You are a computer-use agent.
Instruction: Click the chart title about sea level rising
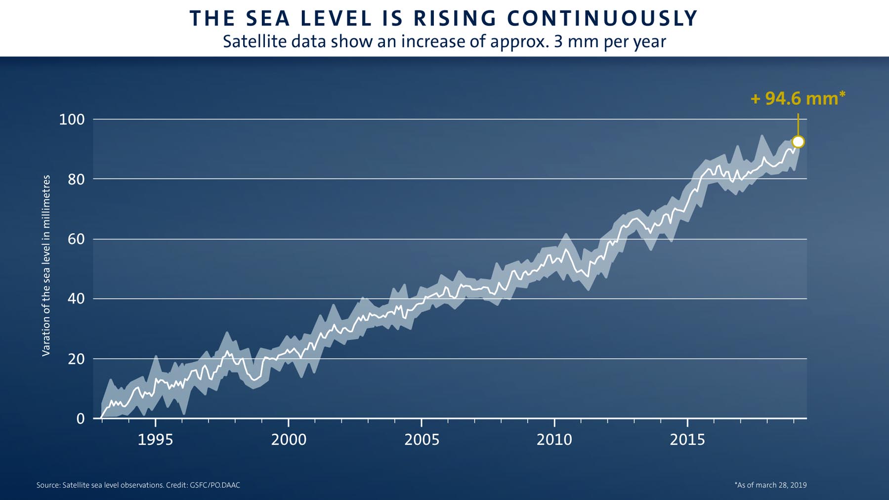[444, 19]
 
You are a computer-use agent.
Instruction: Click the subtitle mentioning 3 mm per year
[444, 41]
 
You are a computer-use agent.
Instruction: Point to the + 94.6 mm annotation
[797, 98]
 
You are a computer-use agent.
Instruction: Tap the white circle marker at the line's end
[798, 142]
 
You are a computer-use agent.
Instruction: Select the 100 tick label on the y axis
[72, 120]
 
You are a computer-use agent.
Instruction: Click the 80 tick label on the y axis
[76, 179]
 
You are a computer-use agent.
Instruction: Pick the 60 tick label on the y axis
[76, 239]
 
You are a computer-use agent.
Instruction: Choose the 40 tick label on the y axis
[76, 299]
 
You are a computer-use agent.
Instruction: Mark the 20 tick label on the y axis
[76, 359]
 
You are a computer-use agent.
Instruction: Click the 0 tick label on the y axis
[81, 419]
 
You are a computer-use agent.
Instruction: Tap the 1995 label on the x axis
[155, 440]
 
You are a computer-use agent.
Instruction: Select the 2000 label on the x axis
[289, 440]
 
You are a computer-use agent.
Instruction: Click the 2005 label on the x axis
[422, 440]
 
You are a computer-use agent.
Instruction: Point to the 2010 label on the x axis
[554, 440]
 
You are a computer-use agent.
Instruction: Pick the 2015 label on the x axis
[687, 440]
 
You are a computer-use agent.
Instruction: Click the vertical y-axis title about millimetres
[46, 265]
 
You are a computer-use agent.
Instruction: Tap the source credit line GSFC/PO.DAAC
[138, 485]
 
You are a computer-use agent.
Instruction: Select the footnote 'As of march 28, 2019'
[770, 485]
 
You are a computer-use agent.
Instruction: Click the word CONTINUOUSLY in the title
[602, 19]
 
